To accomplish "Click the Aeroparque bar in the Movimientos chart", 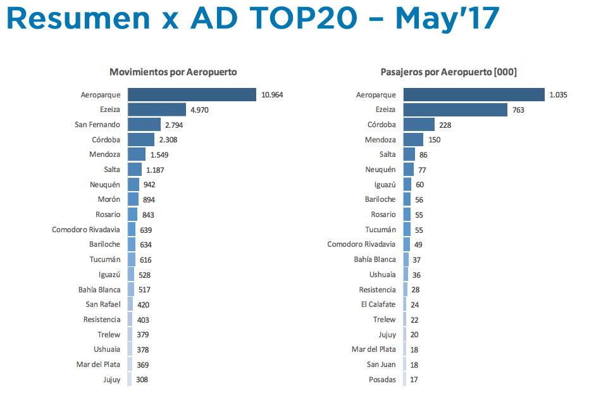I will [x=191, y=95].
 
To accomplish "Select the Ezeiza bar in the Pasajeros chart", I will [x=455, y=110].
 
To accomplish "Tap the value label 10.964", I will [x=272, y=95].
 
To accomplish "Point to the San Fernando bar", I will [x=144, y=125].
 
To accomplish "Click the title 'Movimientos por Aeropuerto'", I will [x=173, y=72].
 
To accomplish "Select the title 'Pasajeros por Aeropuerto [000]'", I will [x=449, y=72].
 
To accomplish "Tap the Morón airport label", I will [x=109, y=199].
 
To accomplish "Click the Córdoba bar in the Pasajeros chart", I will [x=419, y=125].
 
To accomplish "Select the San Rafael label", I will [x=102, y=304].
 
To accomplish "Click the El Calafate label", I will [x=378, y=304].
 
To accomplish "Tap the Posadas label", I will [x=383, y=380].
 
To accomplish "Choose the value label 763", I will [x=518, y=110].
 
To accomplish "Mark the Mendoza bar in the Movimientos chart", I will [x=137, y=154].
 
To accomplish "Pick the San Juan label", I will [x=381, y=365].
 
